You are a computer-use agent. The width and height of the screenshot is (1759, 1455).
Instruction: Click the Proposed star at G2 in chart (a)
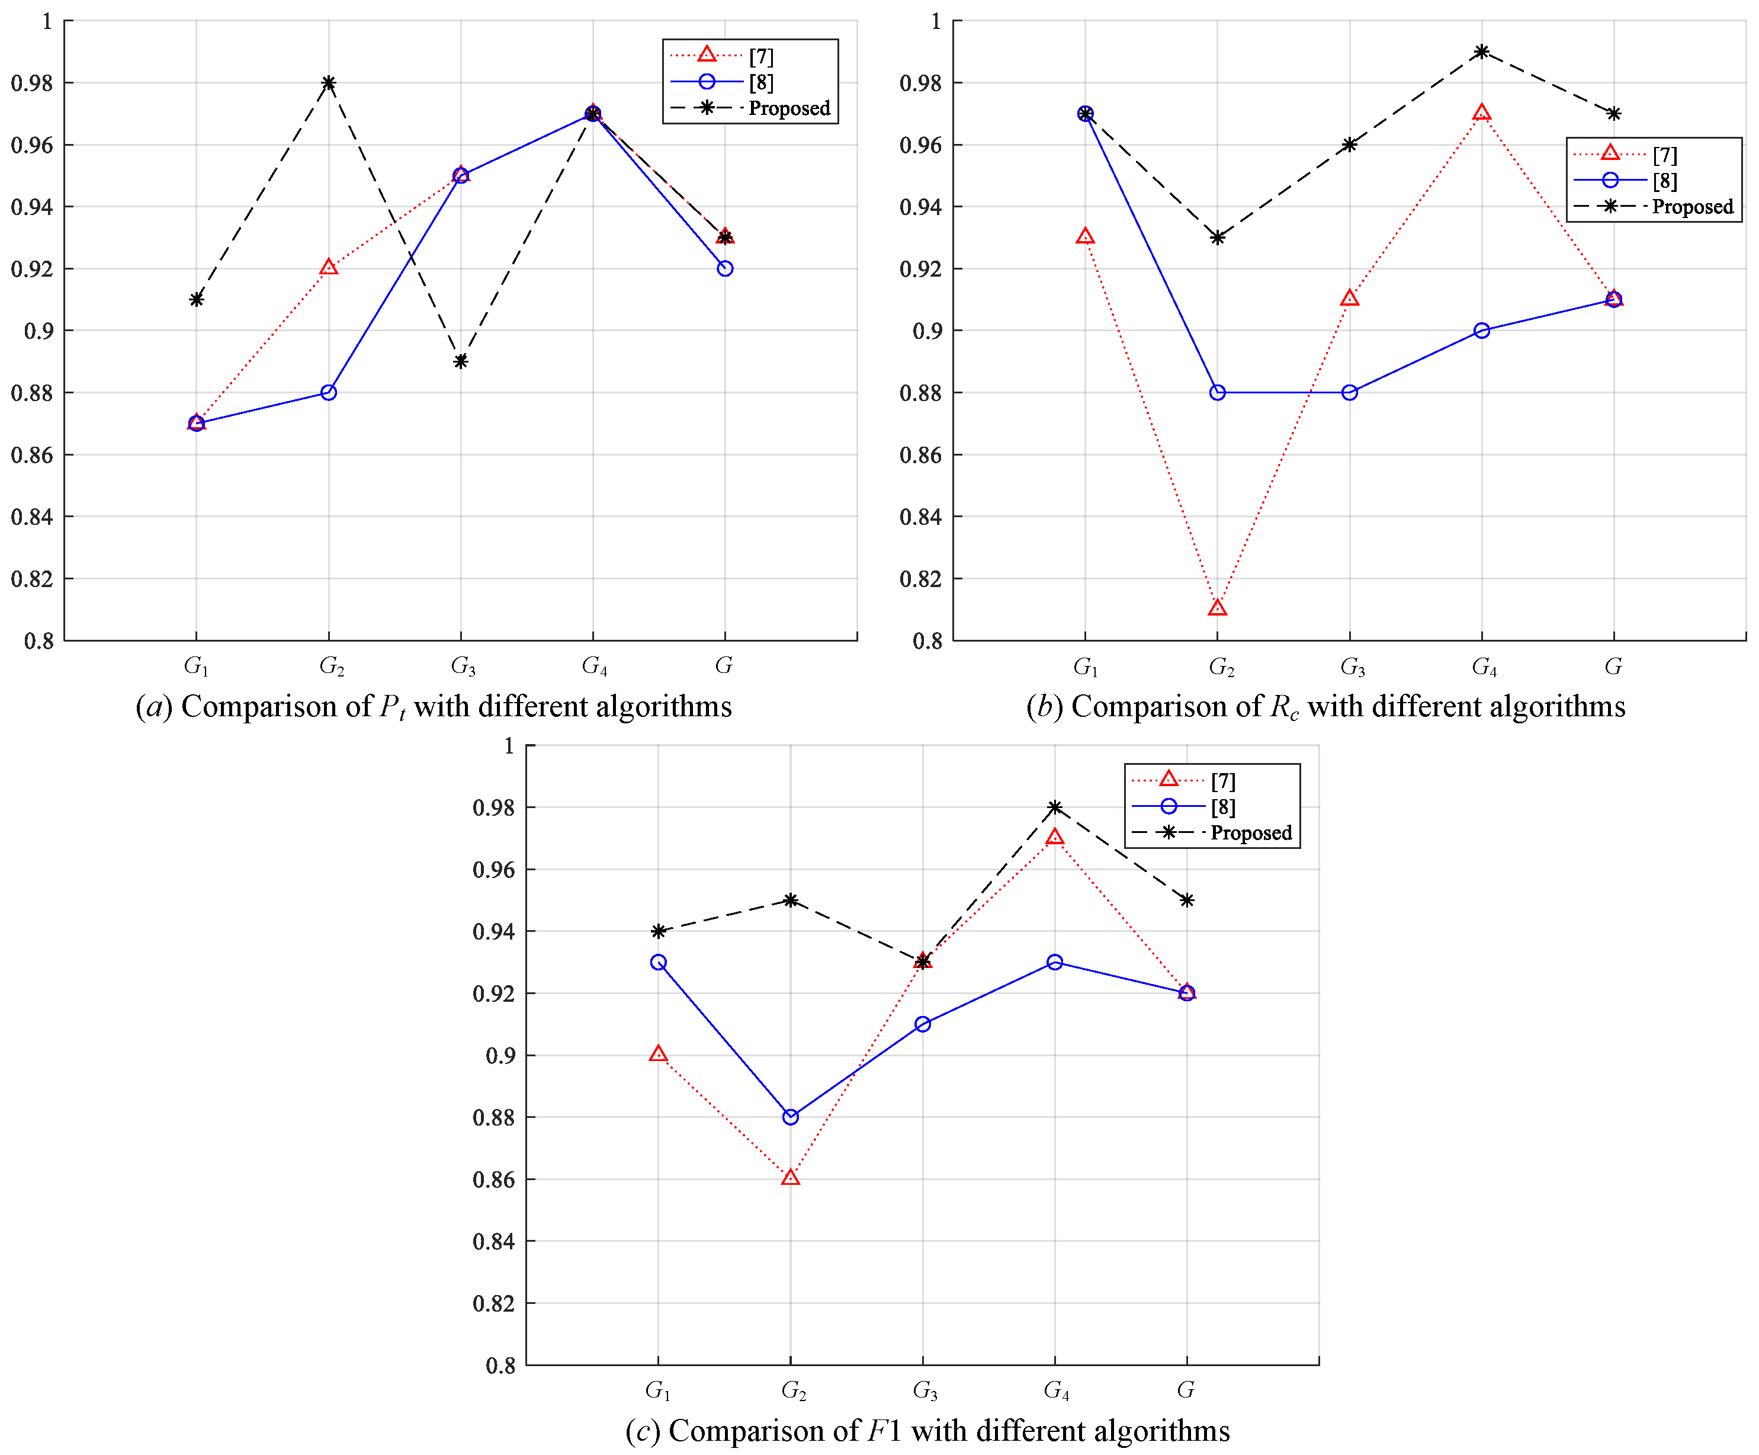[328, 83]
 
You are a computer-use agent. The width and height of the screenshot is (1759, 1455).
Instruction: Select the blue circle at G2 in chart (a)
[328, 393]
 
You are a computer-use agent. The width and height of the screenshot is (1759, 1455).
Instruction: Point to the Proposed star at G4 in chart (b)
[1482, 52]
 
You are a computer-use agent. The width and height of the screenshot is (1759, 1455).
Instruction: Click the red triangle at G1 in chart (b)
[1086, 237]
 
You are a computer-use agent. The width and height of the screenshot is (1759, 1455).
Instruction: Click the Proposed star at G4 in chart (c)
[1055, 807]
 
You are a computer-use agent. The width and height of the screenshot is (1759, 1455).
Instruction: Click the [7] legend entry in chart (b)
[1664, 155]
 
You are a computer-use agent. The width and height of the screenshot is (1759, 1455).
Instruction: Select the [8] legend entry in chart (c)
[1222, 807]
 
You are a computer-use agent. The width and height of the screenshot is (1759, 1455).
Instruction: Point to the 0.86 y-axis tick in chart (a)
[32, 456]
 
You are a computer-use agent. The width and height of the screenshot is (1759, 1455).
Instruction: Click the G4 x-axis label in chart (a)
[595, 666]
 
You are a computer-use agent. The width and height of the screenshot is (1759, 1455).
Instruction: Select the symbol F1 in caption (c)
[884, 1431]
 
